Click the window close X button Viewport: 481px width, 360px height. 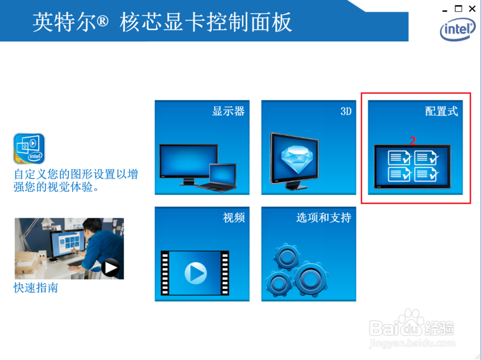point(471,8)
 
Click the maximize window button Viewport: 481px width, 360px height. point(458,8)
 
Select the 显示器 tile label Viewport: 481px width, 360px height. point(228,111)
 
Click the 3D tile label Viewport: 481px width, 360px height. point(346,111)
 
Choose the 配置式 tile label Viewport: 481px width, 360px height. point(442,111)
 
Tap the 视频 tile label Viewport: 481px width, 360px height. point(234,218)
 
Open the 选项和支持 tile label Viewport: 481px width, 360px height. point(323,218)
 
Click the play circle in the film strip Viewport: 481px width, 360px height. point(195,273)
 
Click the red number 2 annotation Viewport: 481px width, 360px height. point(412,141)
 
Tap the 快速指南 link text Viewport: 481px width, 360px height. point(36,288)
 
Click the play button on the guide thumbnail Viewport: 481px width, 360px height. point(111,268)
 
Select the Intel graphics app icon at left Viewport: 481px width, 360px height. point(29,149)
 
